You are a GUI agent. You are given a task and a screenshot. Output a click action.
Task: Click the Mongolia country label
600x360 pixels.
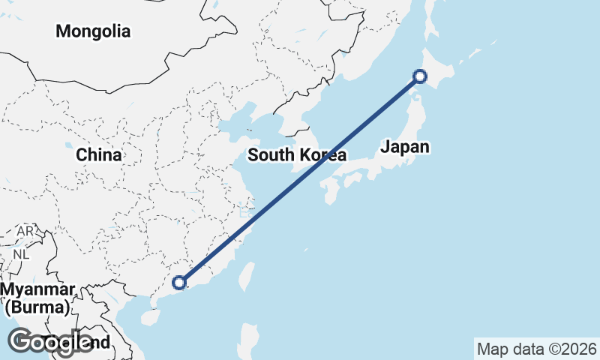[93, 31]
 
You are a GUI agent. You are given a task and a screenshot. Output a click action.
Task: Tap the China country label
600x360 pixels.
[99, 155]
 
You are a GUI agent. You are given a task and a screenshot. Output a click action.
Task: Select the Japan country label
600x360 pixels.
[405, 146]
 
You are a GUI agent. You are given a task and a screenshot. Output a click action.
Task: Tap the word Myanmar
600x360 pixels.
[37, 290]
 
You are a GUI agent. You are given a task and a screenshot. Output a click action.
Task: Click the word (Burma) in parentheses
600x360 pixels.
[37, 307]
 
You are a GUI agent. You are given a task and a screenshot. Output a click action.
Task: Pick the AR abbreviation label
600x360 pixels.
[25, 231]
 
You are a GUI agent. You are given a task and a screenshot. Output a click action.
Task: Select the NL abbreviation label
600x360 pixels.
[21, 253]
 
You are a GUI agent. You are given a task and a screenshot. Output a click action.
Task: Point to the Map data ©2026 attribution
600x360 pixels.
[536, 349]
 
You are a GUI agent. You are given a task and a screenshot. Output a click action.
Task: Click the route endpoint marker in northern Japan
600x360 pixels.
[420, 76]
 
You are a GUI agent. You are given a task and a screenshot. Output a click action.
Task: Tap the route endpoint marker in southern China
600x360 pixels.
[178, 283]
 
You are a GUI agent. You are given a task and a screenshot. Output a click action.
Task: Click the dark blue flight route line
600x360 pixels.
[300, 178]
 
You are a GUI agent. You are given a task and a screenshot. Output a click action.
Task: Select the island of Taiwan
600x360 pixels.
[245, 276]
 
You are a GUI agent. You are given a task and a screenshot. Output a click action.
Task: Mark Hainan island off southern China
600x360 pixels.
[150, 317]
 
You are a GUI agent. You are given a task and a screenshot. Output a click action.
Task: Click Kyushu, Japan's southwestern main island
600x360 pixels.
[328, 191]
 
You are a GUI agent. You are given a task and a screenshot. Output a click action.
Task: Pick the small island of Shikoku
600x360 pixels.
[352, 180]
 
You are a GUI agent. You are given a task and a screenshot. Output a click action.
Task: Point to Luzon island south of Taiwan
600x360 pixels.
[249, 337]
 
